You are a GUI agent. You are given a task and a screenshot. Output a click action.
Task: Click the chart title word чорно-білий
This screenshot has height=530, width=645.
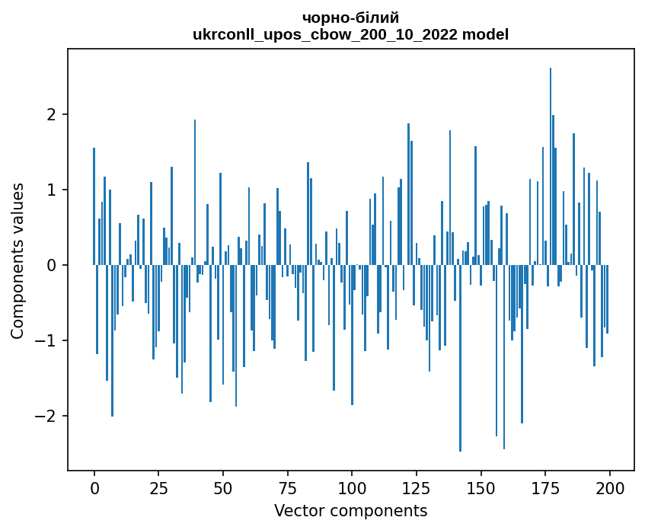(350, 18)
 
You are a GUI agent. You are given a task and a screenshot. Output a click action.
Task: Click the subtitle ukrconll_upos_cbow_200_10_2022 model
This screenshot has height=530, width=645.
(350, 34)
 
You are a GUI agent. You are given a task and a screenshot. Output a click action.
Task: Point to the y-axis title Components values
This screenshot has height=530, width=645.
(17, 260)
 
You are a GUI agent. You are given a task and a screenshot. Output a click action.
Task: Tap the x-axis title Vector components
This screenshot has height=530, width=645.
(350, 510)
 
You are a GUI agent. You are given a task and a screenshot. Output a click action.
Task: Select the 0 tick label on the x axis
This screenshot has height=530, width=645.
(94, 488)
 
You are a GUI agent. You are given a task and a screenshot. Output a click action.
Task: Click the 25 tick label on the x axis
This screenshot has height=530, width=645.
(158, 488)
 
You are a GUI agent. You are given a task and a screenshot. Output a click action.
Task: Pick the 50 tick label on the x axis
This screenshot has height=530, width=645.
(223, 488)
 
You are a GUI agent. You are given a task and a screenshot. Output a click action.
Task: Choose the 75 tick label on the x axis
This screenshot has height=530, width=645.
(288, 488)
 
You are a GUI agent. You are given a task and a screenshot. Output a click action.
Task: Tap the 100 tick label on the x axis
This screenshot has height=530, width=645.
(352, 488)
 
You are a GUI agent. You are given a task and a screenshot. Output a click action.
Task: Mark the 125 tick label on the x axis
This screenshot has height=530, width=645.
(417, 488)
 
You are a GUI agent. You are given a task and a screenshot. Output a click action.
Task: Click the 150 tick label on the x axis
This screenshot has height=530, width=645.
(481, 488)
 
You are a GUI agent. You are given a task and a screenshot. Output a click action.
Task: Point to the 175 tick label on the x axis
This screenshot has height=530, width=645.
(545, 488)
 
